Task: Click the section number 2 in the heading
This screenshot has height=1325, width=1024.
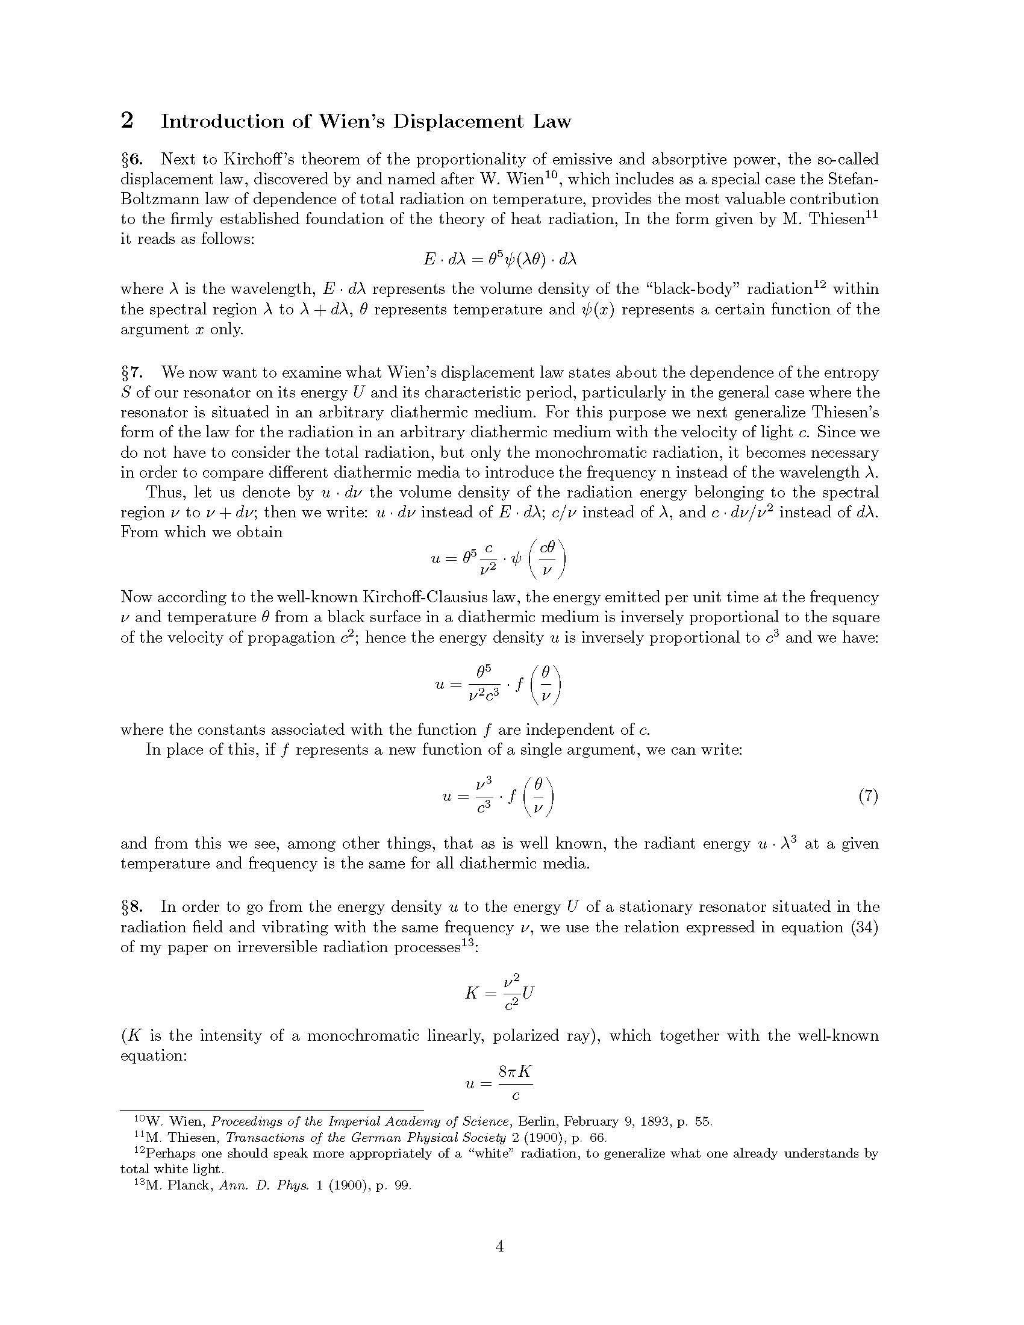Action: coord(126,121)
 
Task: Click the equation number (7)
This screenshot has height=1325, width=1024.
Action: coord(868,796)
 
